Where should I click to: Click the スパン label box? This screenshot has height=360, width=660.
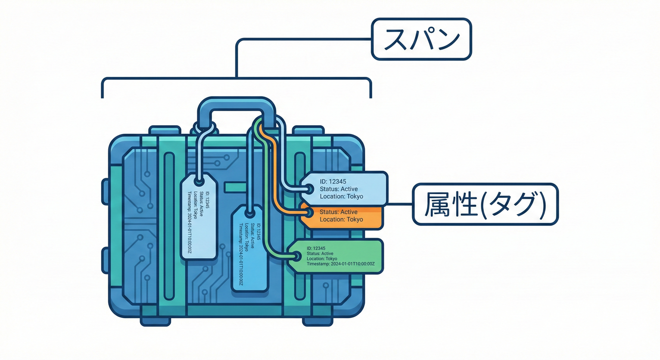pyautogui.click(x=421, y=39)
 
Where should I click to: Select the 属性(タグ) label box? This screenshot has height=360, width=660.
pyautogui.click(x=485, y=204)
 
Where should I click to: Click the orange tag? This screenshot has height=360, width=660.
pyautogui.click(x=345, y=216)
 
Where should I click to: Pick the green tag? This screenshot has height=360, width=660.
pyautogui.click(x=340, y=256)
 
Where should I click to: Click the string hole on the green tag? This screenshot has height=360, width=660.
pyautogui.click(x=297, y=256)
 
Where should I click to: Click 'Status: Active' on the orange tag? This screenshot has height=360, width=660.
pyautogui.click(x=338, y=212)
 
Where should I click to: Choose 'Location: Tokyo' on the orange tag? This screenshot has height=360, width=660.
pyautogui.click(x=341, y=219)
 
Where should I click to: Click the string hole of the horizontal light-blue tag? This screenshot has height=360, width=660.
pyautogui.click(x=310, y=189)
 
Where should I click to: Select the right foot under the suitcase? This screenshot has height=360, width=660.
pyautogui.click(x=317, y=321)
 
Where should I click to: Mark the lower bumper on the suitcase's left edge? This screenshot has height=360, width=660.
pyautogui.click(x=105, y=258)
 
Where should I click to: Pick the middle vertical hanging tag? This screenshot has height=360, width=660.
pyautogui.click(x=250, y=248)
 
